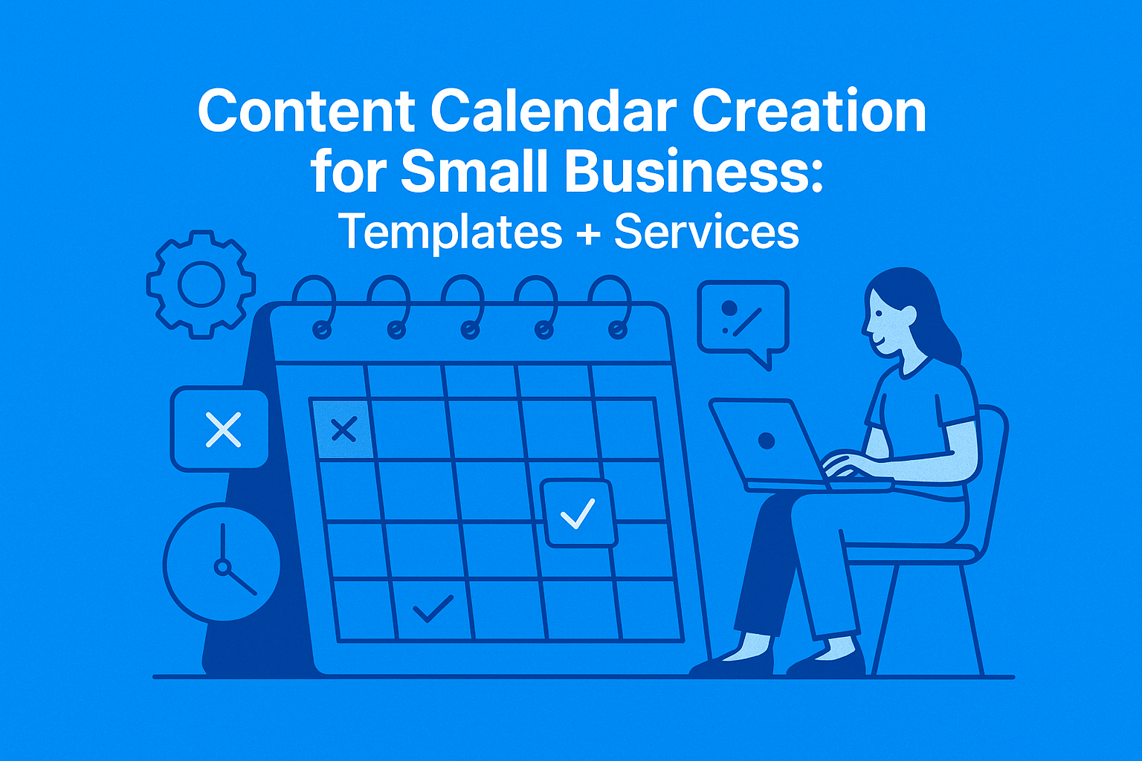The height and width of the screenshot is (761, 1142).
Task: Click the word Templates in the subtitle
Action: coord(451,232)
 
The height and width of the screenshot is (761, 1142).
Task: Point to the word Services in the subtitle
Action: coord(706,232)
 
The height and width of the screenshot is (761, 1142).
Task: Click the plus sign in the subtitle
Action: coord(587,233)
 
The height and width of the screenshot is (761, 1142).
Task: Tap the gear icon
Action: coord(201,285)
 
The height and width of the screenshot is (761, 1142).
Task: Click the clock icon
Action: coord(222,563)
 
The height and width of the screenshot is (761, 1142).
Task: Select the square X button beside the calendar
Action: coord(220,430)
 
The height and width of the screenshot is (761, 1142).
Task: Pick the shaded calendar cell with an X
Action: coord(343,429)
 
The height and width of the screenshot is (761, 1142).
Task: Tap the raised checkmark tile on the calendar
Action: coord(578,514)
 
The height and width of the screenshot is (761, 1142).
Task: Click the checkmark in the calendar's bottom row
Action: coord(433,609)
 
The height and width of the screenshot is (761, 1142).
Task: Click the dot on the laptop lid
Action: coord(767,441)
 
